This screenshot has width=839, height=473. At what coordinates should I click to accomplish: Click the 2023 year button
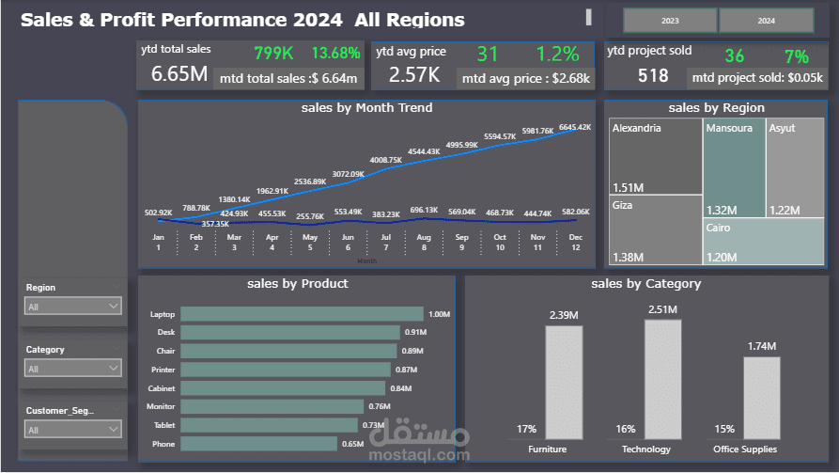pyautogui.click(x=670, y=20)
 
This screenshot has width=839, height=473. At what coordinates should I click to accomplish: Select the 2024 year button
pyautogui.click(x=766, y=20)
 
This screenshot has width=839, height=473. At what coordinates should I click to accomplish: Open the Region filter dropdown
pyautogui.click(x=73, y=306)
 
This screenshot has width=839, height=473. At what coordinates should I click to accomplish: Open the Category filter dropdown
pyautogui.click(x=73, y=369)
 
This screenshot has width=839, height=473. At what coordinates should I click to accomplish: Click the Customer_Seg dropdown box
pyautogui.click(x=73, y=430)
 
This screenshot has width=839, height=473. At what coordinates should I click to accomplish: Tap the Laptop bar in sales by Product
pyautogui.click(x=301, y=314)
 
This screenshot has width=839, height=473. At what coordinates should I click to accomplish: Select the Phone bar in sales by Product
pyautogui.click(x=258, y=444)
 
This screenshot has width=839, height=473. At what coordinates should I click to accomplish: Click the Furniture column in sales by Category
pyautogui.click(x=563, y=382)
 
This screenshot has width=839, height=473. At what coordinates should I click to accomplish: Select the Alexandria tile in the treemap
pyautogui.click(x=655, y=156)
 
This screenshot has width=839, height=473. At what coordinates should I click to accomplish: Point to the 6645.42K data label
pyautogui.click(x=574, y=127)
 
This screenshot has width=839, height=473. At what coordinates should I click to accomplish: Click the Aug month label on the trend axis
pyautogui.click(x=424, y=238)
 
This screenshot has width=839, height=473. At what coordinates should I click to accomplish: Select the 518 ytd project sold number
pyautogui.click(x=653, y=76)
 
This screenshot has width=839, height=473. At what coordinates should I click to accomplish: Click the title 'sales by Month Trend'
pyautogui.click(x=366, y=108)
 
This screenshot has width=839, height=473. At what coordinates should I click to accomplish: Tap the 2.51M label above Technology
pyautogui.click(x=661, y=309)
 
